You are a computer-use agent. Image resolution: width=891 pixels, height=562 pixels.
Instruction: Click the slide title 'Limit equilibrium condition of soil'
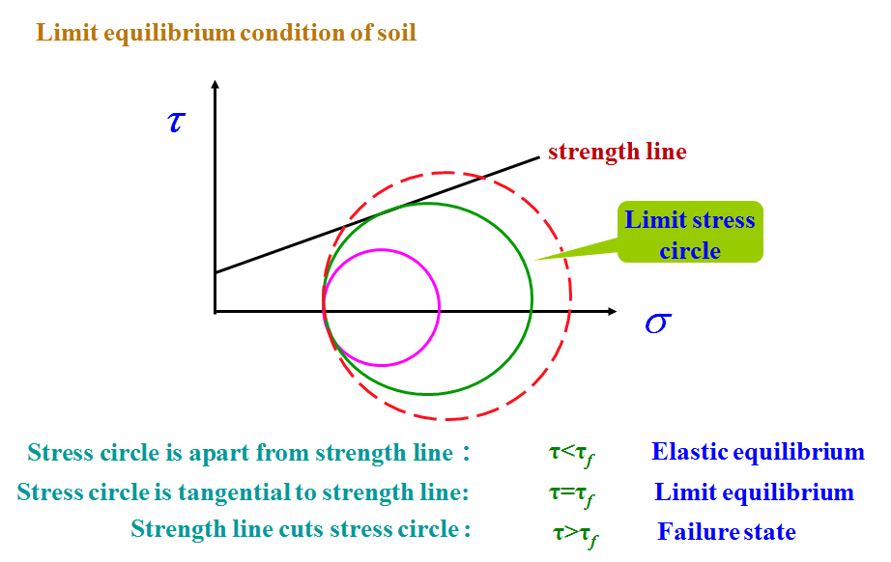(x=226, y=32)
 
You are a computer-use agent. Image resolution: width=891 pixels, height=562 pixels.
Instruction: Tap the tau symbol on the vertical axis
(x=176, y=122)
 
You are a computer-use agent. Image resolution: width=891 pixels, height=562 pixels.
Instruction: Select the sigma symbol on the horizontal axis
(x=657, y=322)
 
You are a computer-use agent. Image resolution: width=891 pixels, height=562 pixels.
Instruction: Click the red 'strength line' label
(x=617, y=152)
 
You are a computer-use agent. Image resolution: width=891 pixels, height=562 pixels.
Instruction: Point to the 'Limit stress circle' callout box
(x=690, y=234)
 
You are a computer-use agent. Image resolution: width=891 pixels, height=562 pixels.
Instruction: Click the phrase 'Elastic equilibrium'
(x=758, y=452)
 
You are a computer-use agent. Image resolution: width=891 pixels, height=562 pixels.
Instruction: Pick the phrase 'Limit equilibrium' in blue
(x=754, y=492)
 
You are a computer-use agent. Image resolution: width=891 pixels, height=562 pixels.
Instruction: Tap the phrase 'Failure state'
(x=727, y=532)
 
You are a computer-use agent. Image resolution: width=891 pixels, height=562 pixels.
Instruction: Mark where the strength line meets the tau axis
(x=216, y=272)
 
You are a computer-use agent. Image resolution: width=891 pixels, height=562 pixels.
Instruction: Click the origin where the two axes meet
(x=216, y=311)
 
